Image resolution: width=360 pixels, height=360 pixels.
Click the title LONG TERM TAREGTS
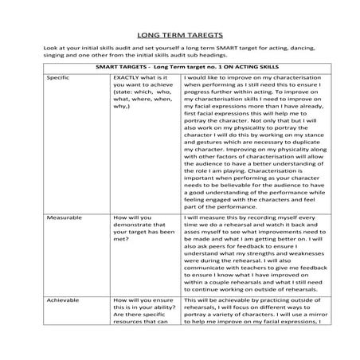[179, 34]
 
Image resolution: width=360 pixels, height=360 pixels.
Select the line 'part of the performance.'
[223, 206]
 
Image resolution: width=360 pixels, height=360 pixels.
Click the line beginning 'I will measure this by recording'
[245, 217]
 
